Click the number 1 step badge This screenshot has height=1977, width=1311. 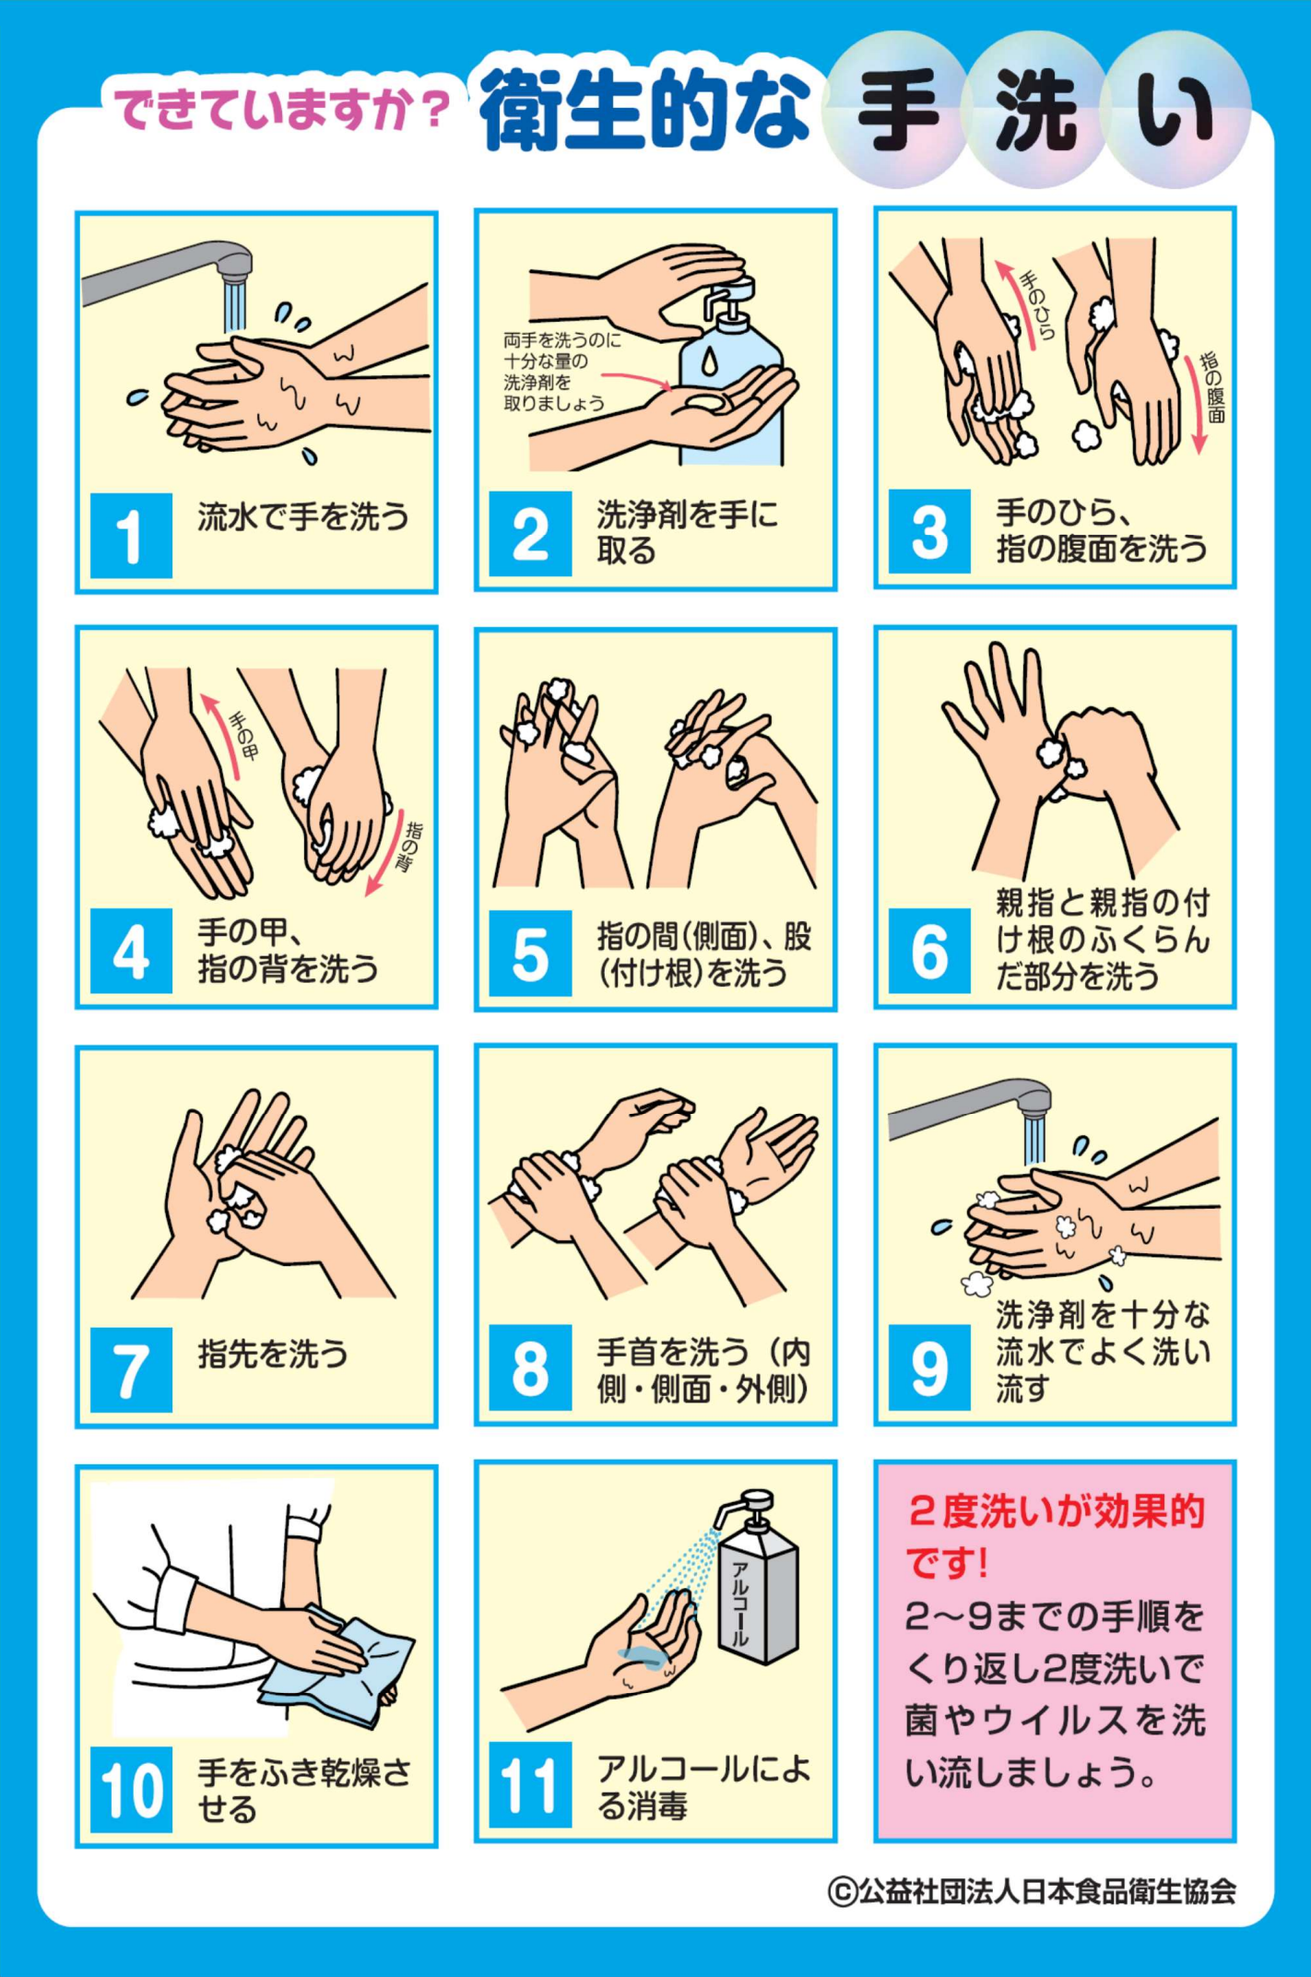131,536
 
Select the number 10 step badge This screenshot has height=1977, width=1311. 131,1790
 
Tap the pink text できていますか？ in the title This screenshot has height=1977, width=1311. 281,110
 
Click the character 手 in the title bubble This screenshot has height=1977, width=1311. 898,111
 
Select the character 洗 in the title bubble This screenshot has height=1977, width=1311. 1036,111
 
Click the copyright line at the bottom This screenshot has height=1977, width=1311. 1032,1891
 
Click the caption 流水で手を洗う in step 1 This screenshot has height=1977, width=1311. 303,516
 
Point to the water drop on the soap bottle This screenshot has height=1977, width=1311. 709,361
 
